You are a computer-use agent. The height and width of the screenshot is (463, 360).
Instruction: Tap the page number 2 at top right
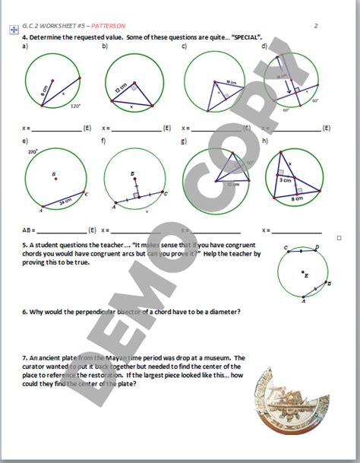click(315, 26)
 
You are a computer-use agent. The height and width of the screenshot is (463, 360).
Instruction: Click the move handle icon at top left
click(14, 31)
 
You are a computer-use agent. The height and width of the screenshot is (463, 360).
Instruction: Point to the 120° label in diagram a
click(75, 107)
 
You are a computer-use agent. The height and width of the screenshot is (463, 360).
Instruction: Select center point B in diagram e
click(54, 175)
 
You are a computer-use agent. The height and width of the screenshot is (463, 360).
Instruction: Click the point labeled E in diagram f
click(133, 175)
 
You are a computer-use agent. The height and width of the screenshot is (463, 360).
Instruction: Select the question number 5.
click(24, 246)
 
